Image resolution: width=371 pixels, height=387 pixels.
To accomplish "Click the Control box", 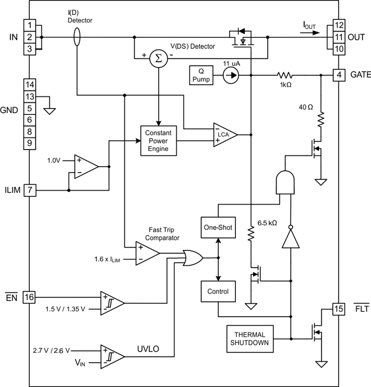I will [x=218, y=291].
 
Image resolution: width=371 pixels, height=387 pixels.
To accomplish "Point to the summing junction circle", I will [x=157, y=58].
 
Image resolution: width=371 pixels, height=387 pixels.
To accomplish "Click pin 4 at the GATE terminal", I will [x=339, y=75].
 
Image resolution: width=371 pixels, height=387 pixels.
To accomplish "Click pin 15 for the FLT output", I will [x=339, y=309].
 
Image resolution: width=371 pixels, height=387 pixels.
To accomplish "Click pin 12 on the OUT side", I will [x=339, y=25].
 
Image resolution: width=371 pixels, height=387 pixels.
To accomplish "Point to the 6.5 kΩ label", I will [x=267, y=223].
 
